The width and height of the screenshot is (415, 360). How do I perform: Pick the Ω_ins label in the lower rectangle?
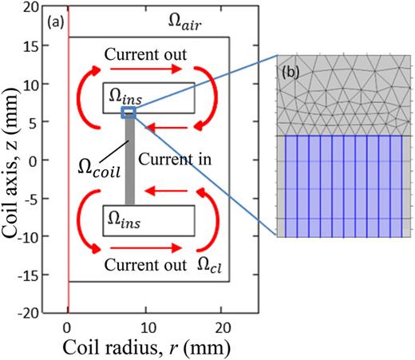pyautogui.click(x=121, y=217)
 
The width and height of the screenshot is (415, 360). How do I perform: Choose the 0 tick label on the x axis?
pyautogui.click(x=69, y=326)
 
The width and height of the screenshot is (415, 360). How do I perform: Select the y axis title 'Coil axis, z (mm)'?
pyautogui.click(x=14, y=160)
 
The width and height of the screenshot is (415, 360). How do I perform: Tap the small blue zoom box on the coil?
pyautogui.click(x=128, y=113)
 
